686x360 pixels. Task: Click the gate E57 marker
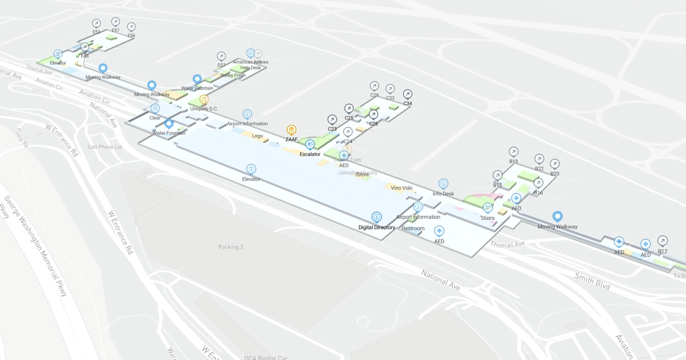point(115,22)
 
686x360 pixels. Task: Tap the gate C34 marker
point(408,94)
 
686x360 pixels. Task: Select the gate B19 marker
point(513,152)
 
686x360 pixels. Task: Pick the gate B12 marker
point(663,241)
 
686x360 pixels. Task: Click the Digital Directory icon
point(377,217)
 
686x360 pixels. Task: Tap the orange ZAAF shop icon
point(292,130)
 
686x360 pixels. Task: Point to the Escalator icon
point(310,145)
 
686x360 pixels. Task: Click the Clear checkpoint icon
point(155,108)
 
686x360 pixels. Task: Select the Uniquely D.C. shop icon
point(204,99)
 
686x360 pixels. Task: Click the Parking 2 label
point(231,247)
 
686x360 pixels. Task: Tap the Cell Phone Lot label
point(105,147)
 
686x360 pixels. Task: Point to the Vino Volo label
point(401,187)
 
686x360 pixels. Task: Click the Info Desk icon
point(444,184)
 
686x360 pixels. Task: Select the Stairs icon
point(488,208)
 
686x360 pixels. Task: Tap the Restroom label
point(413,229)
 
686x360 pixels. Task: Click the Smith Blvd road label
point(593,281)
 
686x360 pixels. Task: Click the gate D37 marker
point(221,56)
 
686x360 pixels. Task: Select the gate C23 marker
point(332,119)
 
